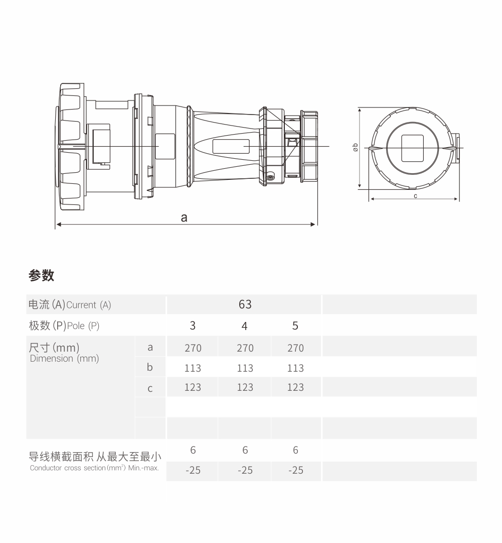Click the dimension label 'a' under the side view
pyautogui.click(x=184, y=218)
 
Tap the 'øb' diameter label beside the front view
pyautogui.click(x=355, y=147)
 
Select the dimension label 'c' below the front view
pyautogui.click(x=415, y=196)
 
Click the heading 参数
pyautogui.click(x=42, y=275)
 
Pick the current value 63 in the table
pyautogui.click(x=245, y=304)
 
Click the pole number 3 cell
pyautogui.click(x=193, y=325)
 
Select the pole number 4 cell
pyautogui.click(x=244, y=326)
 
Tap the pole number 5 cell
pyautogui.click(x=295, y=325)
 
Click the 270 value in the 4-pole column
pyautogui.click(x=245, y=348)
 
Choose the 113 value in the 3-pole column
pyautogui.click(x=193, y=368)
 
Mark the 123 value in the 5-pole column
pyautogui.click(x=295, y=387)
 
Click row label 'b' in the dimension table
pyautogui.click(x=150, y=367)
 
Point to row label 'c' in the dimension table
pyautogui.click(x=150, y=389)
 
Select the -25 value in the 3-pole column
pyautogui.click(x=193, y=470)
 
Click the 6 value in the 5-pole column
pyautogui.click(x=295, y=450)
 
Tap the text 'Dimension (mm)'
pyautogui.click(x=64, y=359)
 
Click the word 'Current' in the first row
pyautogui.click(x=81, y=305)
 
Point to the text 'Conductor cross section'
pyautogui.click(x=67, y=468)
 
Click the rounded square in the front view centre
pyautogui.click(x=412, y=148)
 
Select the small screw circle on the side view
pyautogui.click(x=270, y=177)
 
